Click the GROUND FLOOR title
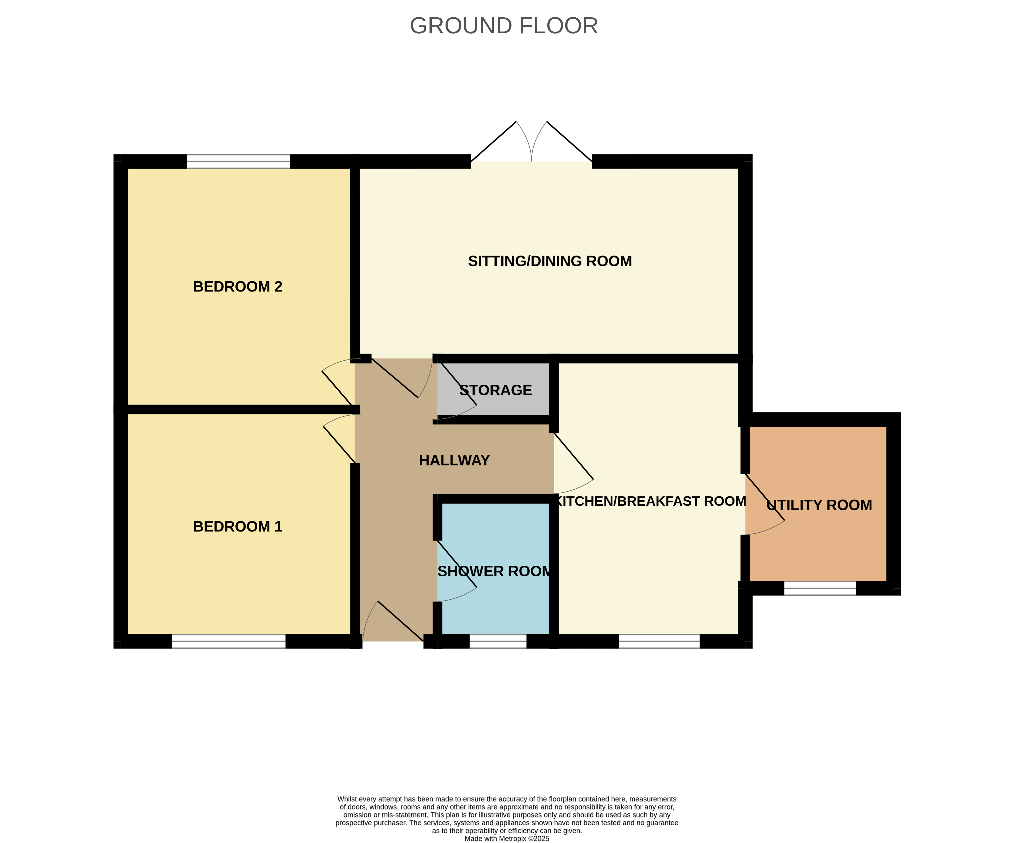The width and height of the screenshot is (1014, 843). pos(504,25)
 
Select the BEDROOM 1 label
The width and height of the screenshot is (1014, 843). pos(238,527)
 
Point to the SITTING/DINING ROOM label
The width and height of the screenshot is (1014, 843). pos(550,261)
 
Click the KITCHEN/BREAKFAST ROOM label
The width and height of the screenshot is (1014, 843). pos(651,501)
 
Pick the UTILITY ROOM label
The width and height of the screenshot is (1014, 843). pos(819,505)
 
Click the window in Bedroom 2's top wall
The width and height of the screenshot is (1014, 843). pos(238,161)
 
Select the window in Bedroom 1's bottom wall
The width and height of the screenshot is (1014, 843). pos(228,641)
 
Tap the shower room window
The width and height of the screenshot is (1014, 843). pos(498,641)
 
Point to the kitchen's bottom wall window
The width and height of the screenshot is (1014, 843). pos(659,641)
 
